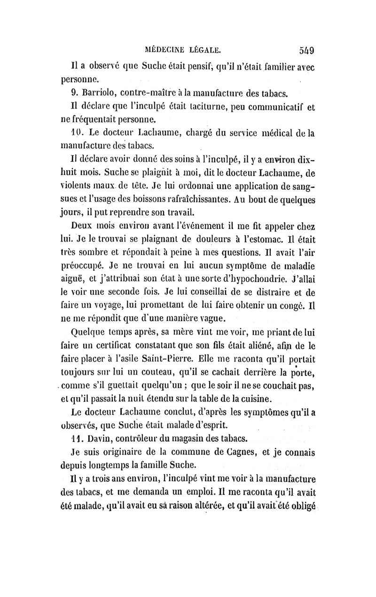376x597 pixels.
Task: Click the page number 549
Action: tap(305, 49)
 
